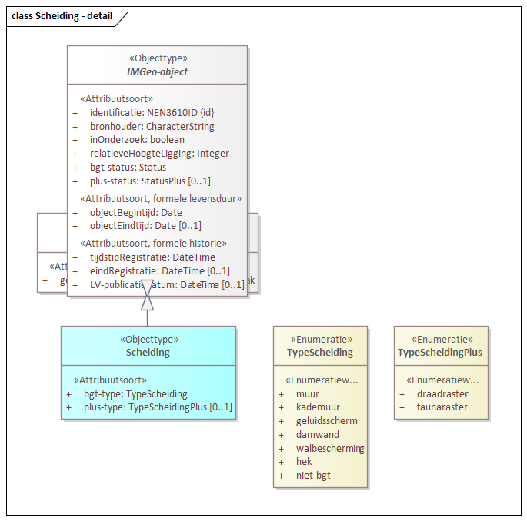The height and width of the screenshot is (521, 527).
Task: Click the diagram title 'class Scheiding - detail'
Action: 62,15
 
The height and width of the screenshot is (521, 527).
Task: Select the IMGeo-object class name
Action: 157,71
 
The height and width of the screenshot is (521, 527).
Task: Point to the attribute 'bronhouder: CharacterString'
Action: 152,127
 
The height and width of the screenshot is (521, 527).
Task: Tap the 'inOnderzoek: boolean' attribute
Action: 137,140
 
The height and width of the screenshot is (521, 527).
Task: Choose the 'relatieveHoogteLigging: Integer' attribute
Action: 159,154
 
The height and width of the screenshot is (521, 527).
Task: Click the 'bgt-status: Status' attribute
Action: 128,167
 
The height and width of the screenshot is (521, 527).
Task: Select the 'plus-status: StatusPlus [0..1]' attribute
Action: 150,181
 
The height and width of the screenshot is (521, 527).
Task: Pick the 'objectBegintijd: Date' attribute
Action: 135,213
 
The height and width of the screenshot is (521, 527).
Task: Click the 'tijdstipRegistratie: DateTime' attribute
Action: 152,257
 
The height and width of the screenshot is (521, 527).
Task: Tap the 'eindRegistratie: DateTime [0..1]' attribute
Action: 159,271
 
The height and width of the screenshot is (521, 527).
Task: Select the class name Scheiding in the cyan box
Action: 148,353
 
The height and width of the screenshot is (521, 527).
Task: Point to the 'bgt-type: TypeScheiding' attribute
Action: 135,394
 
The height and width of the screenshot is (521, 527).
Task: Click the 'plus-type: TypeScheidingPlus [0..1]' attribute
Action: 158,407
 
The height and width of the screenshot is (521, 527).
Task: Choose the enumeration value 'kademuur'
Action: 318,407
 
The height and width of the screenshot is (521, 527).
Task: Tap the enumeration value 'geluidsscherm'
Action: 326,421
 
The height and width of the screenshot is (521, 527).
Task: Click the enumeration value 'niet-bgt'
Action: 314,476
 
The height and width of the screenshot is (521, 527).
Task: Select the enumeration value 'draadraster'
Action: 442,394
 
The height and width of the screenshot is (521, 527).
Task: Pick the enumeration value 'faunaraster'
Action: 442,407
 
